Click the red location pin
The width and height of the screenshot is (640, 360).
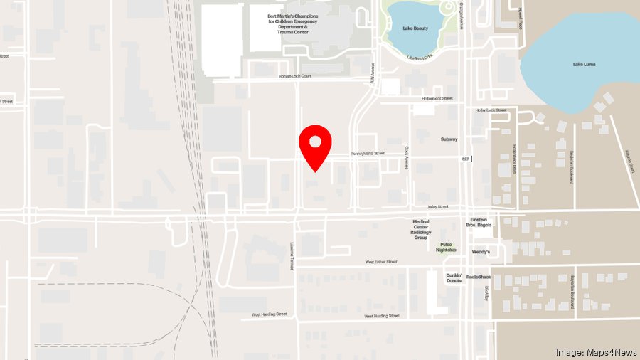click(x=315, y=142)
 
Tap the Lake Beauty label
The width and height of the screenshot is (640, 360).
click(x=416, y=28)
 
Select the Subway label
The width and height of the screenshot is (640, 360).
click(x=449, y=139)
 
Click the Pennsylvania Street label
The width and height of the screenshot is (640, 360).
click(x=367, y=153)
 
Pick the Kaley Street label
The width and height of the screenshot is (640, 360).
click(x=438, y=207)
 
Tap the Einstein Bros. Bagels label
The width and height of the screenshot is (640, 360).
click(x=479, y=223)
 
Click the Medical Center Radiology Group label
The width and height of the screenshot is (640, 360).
click(x=420, y=229)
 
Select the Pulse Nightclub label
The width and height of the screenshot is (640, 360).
click(x=446, y=246)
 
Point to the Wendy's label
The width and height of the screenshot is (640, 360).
click(x=481, y=252)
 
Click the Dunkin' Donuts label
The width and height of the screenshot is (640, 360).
click(x=454, y=278)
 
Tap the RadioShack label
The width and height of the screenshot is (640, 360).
click(x=479, y=277)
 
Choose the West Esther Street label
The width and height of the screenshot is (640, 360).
click(x=381, y=262)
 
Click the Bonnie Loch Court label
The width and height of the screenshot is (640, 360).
click(x=295, y=75)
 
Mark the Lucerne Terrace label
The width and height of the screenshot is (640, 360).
click(x=292, y=254)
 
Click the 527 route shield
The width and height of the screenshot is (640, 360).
click(x=465, y=158)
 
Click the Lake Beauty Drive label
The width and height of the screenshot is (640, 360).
click(x=420, y=58)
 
